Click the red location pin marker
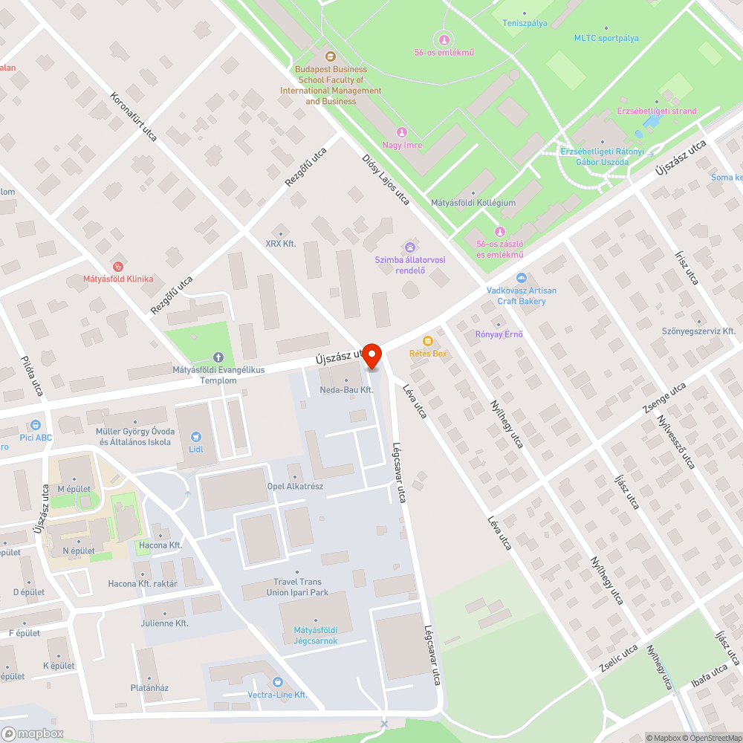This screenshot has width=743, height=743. click(x=371, y=355)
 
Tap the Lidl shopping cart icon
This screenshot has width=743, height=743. click(x=196, y=437)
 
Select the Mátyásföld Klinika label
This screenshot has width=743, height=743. click(x=118, y=279)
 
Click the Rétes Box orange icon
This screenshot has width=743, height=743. click(x=428, y=341)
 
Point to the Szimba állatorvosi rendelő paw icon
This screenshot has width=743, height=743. click(x=410, y=247)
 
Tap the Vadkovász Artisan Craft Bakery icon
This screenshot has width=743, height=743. click(x=522, y=278)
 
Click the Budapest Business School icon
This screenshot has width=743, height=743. click(x=331, y=56)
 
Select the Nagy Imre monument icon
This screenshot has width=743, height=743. click(x=402, y=132)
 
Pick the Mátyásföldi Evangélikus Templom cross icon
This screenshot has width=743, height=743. click(x=218, y=357)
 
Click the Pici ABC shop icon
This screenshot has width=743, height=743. click(x=34, y=425)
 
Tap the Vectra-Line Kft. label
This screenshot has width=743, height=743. click(x=277, y=695)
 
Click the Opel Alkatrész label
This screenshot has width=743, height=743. click(x=296, y=487)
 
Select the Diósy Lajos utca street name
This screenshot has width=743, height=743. click(x=386, y=179)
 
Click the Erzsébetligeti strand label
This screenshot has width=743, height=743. click(x=657, y=111)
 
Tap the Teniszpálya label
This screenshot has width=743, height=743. click(x=525, y=23)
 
